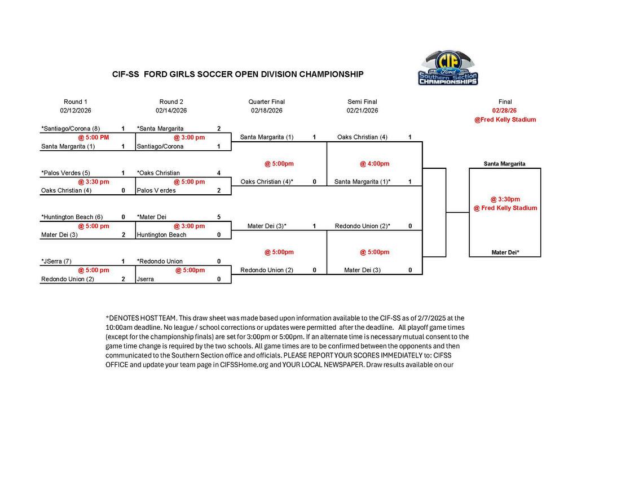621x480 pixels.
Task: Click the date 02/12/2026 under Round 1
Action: [x=76, y=111]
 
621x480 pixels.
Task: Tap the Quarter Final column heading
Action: [x=266, y=102]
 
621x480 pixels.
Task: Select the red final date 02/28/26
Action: [x=505, y=111]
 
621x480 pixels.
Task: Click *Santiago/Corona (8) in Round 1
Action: [x=71, y=129]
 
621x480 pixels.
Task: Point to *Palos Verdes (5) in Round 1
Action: [x=65, y=173]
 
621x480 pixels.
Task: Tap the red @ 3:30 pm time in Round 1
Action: [x=94, y=182]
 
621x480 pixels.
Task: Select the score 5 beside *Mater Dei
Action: [x=218, y=217]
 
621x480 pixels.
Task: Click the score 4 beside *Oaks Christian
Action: [x=218, y=173]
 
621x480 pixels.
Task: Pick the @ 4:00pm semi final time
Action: [x=375, y=164]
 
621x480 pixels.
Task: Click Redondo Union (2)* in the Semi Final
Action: [x=362, y=226]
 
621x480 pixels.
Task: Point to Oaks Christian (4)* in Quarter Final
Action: [x=267, y=182]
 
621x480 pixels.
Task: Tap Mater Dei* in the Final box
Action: [x=505, y=252]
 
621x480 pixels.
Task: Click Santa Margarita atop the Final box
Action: [x=505, y=164]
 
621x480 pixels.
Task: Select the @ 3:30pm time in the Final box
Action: [x=505, y=199]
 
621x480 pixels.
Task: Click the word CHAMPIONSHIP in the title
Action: [x=331, y=75]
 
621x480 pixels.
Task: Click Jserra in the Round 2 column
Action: [x=146, y=279]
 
